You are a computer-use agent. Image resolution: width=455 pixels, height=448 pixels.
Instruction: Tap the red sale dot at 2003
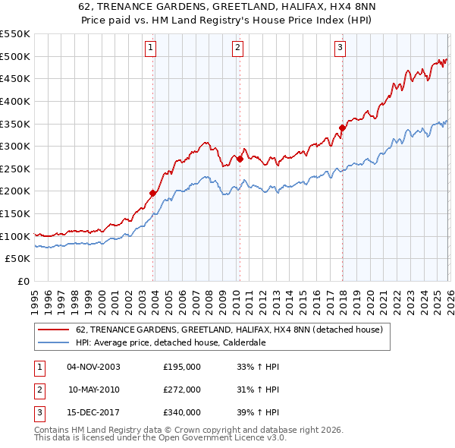pyautogui.click(x=152, y=193)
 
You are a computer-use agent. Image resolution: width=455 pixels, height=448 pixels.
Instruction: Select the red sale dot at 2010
pyautogui.click(x=240, y=159)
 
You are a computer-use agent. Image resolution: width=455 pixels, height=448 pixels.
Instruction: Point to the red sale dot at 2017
pyautogui.click(x=342, y=128)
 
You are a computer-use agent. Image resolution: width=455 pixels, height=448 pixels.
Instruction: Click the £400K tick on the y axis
pyautogui.click(x=14, y=101)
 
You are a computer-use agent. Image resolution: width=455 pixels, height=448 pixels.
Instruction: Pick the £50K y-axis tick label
pyautogui.click(x=17, y=259)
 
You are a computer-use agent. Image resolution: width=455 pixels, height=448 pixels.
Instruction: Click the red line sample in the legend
pyautogui.click(x=54, y=330)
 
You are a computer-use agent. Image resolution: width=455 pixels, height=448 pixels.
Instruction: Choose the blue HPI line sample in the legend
pyautogui.click(x=54, y=342)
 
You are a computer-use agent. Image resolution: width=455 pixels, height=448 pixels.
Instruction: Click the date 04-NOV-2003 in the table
pyautogui.click(x=93, y=367)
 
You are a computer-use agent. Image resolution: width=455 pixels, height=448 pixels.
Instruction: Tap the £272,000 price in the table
pyautogui.click(x=182, y=390)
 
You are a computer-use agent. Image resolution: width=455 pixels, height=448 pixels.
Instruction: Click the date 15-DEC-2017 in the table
pyautogui.click(x=93, y=412)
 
